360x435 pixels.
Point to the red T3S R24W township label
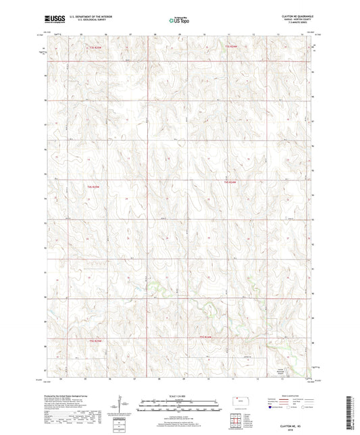coord(231,46)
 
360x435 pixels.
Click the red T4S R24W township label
coord(231,182)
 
